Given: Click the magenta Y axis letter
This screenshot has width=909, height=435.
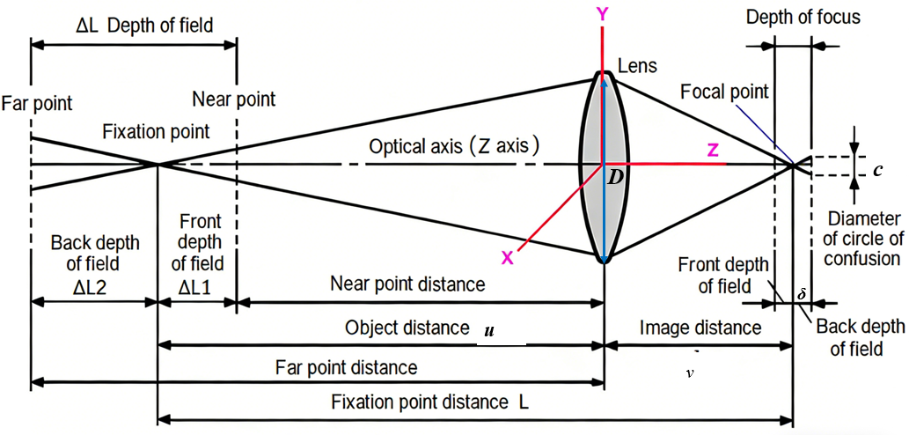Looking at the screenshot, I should click(602, 14).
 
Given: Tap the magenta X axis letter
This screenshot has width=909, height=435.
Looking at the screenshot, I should click(506, 256).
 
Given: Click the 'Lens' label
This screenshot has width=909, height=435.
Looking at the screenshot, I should click(638, 66).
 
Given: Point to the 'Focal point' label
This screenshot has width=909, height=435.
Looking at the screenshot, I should click(724, 92).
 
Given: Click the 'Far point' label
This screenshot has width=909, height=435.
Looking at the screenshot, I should click(37, 104).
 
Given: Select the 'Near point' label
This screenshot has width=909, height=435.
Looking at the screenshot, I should click(234, 99).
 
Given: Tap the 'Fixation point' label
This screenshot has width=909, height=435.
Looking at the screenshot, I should click(157, 132).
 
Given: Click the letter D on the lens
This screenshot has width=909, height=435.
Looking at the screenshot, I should click(616, 178).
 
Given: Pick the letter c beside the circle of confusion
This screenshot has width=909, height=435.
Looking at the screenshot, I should click(877, 170).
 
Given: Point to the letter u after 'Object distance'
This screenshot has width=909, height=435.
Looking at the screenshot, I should click(488, 331).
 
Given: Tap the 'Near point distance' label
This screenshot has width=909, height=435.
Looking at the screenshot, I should click(407, 284).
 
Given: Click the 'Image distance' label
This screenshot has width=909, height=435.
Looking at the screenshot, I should click(700, 328).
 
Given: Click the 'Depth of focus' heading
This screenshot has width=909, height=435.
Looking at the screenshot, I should click(802, 18).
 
